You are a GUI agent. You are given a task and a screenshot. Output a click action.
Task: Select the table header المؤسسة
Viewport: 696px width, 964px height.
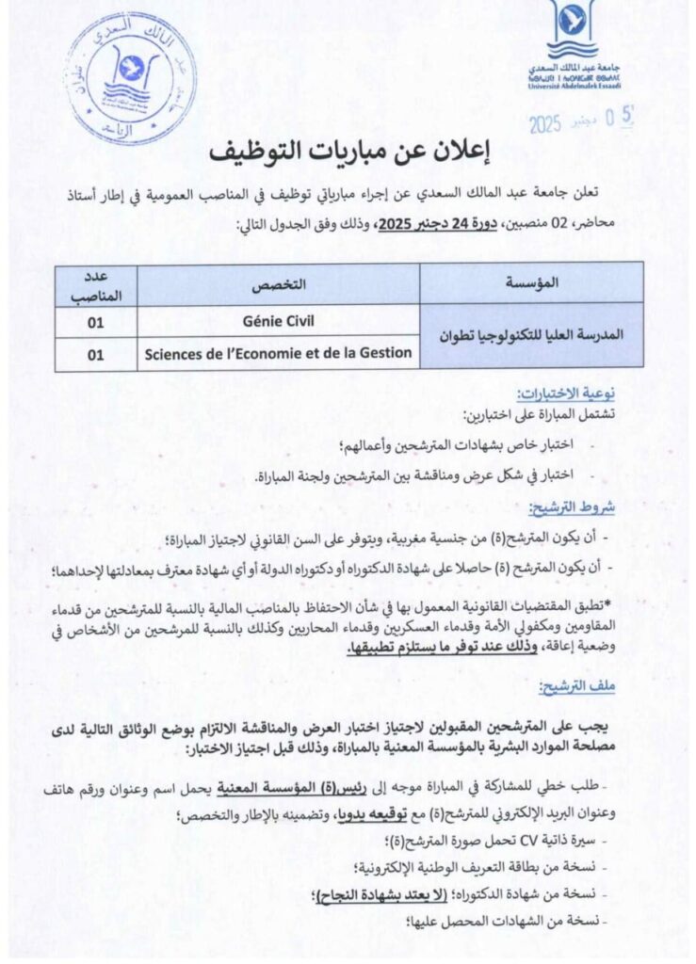tap(532, 283)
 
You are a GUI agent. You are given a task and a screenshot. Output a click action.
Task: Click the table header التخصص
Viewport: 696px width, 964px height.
tap(279, 283)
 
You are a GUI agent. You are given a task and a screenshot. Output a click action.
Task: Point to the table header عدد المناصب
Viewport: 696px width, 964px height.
tap(96, 283)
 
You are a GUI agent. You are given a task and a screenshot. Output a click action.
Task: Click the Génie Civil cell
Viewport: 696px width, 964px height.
tap(279, 320)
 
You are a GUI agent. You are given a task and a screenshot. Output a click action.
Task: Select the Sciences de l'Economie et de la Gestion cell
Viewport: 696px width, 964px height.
tap(279, 353)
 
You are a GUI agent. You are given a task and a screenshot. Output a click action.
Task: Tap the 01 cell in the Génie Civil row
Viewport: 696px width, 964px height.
tap(96, 320)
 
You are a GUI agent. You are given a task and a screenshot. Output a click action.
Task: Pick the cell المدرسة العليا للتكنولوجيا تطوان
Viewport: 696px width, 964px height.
tap(532, 336)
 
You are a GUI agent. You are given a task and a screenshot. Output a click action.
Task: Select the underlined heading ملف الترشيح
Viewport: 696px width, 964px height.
tap(583, 686)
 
